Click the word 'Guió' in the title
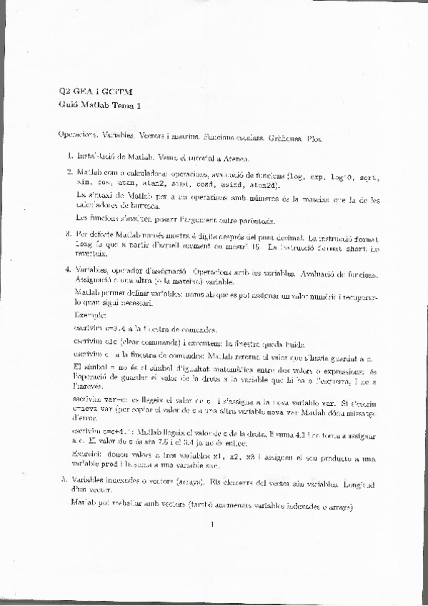coord(69,106)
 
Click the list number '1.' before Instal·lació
coord(70,156)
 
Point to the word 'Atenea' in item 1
coord(234,157)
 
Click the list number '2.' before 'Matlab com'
coord(70,172)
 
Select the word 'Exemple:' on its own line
coord(89,314)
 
